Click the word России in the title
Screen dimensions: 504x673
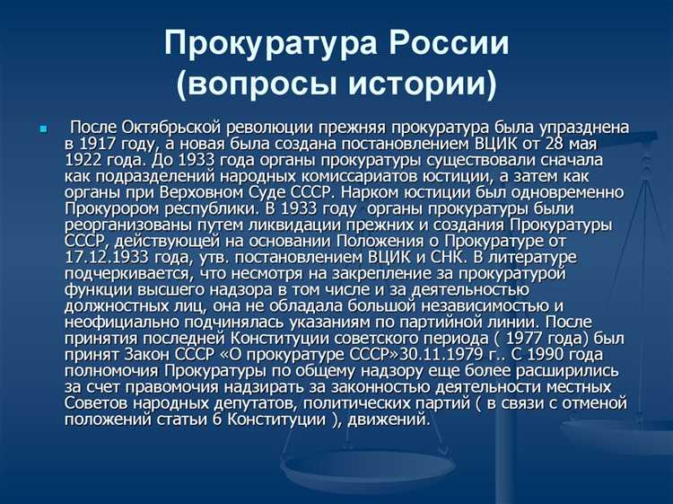pos(447,43)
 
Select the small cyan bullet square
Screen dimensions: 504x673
pos(42,130)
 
